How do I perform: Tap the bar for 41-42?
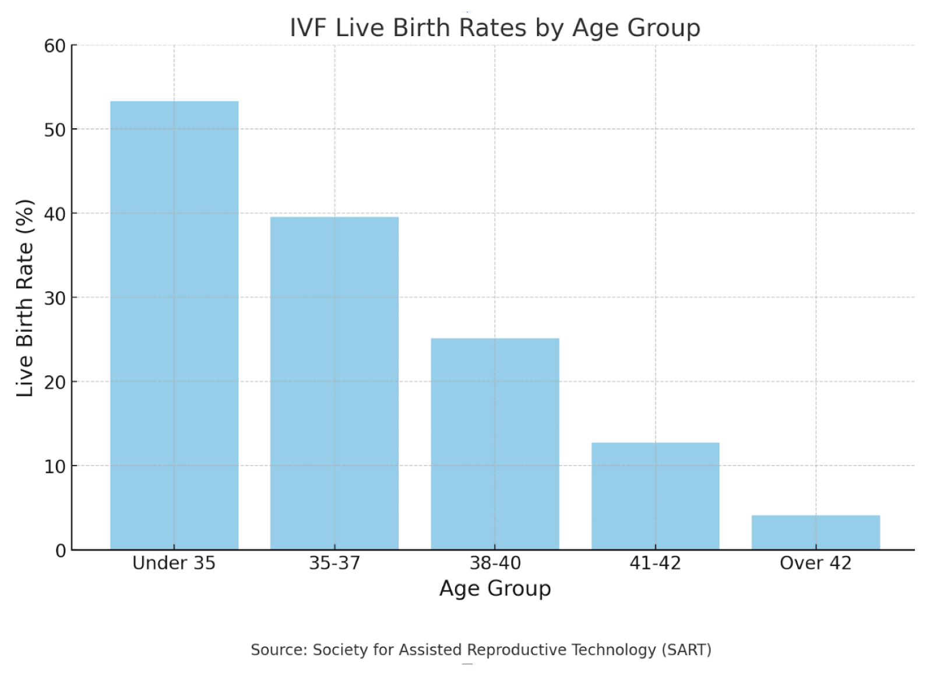[x=655, y=496]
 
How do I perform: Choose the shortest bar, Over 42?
[x=815, y=532]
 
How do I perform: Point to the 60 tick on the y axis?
[x=55, y=46]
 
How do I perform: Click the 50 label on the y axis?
[x=55, y=130]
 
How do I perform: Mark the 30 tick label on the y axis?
[x=55, y=298]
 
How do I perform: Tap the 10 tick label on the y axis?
[x=55, y=467]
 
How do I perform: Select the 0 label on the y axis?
[x=61, y=551]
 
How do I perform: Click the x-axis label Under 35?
[x=174, y=563]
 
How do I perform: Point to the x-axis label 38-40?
[x=495, y=563]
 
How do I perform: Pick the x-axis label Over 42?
[x=815, y=563]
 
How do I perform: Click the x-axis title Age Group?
[x=495, y=588]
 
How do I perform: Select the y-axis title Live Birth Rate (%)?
[x=24, y=298]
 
